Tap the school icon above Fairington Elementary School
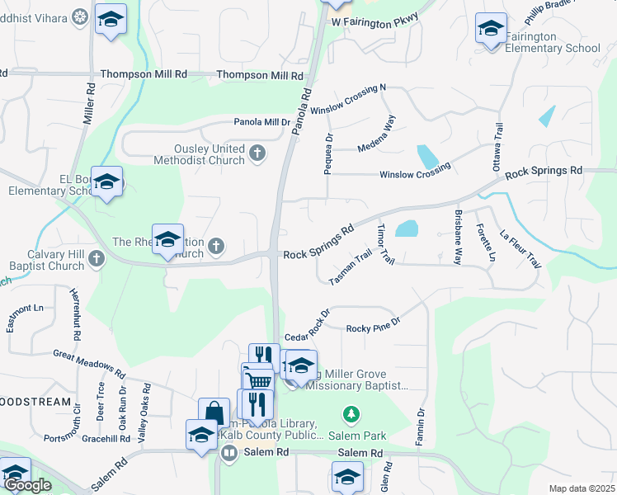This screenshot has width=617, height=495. [x=491, y=30]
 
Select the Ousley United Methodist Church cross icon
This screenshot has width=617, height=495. [x=257, y=153]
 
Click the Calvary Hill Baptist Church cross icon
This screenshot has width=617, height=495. [x=97, y=259]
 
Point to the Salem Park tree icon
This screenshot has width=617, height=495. [x=351, y=412]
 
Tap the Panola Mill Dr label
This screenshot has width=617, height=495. [x=262, y=121]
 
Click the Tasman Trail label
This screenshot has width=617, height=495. [x=351, y=268]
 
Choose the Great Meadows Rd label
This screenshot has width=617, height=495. [x=89, y=364]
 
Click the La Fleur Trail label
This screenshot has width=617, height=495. [x=520, y=247]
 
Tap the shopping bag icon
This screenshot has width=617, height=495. [x=214, y=412]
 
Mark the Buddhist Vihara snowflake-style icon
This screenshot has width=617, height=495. [x=80, y=16]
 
